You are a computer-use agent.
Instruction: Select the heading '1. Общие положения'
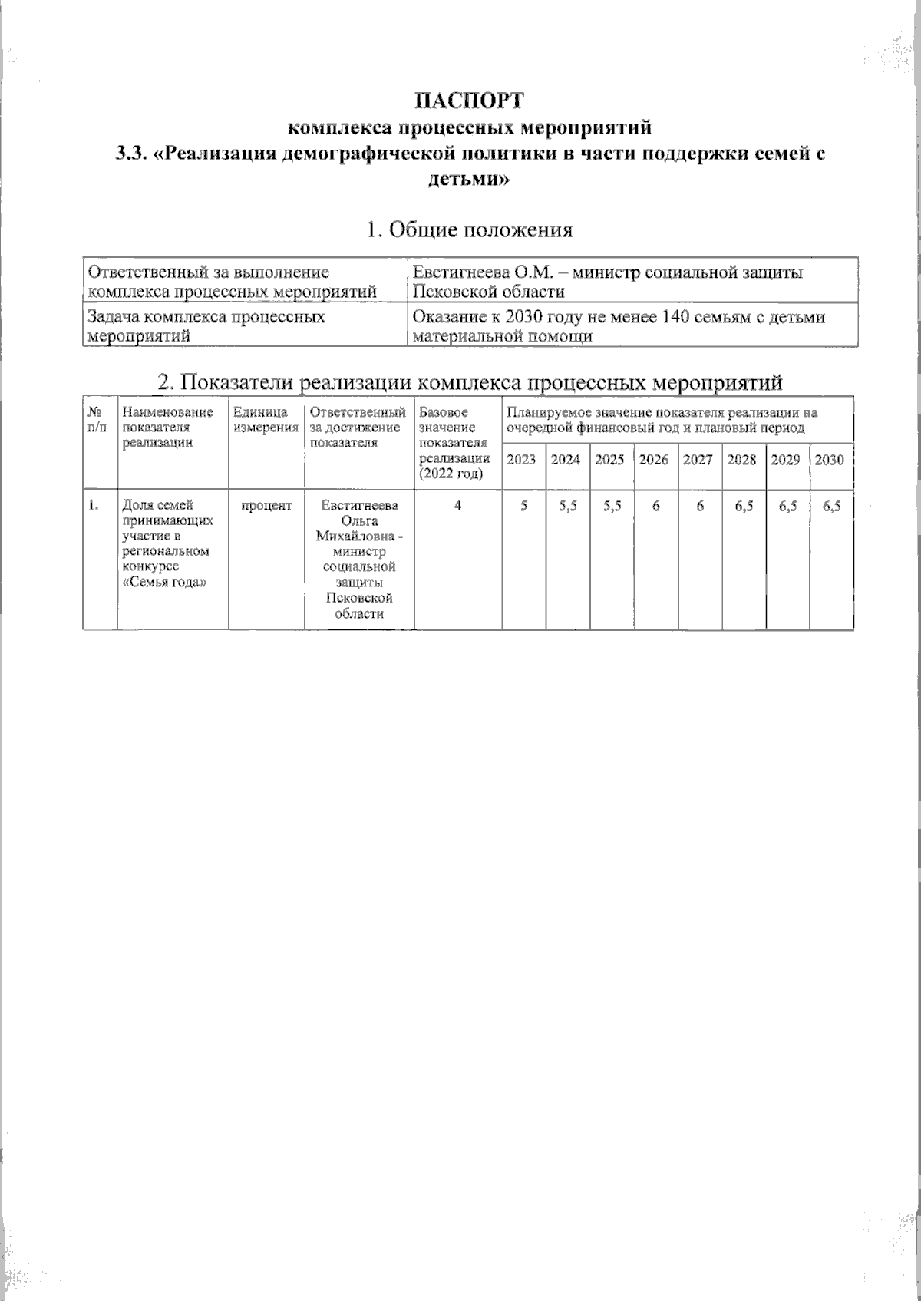tap(470, 229)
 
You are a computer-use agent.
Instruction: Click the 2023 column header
tap(522, 460)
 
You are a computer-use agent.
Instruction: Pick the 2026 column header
tap(654, 460)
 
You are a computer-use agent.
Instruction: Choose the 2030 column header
tap(829, 460)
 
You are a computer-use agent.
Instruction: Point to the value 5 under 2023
tap(523, 506)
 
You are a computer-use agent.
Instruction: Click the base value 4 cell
tap(457, 506)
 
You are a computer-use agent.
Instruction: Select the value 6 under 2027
tap(698, 506)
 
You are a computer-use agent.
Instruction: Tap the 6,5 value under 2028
tap(742, 506)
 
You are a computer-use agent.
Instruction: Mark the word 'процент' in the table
tap(266, 506)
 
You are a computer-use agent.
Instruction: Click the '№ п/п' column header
tap(97, 420)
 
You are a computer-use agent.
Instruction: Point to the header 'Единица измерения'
tap(266, 420)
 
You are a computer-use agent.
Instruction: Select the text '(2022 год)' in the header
tap(451, 474)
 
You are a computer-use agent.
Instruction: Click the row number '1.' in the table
tap(94, 505)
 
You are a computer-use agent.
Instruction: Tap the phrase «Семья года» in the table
tap(157, 581)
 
